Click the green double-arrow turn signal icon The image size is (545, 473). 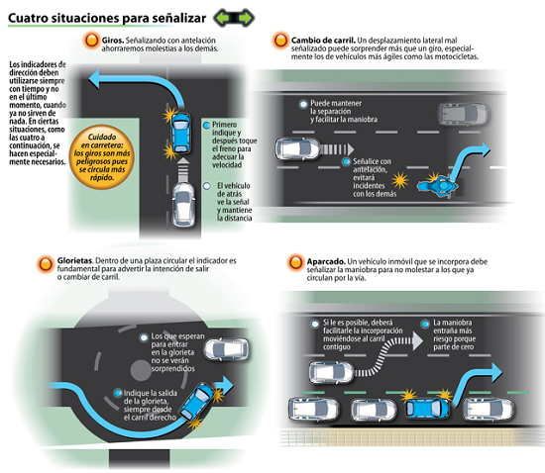tap(234, 18)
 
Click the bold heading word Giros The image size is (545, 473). tap(113, 41)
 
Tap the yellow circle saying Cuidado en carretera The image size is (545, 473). tap(101, 157)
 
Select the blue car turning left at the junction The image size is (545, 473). tap(180, 133)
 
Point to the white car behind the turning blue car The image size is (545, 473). tap(184, 205)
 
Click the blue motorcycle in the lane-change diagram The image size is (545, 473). tap(438, 186)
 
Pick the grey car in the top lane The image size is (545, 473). tap(464, 114)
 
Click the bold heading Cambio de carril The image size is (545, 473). tap(323, 41)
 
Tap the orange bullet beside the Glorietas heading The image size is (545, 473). tap(46, 264)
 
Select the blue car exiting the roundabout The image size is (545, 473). tap(196, 401)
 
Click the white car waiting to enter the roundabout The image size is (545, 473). tap(226, 349)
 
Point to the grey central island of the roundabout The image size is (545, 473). tap(141, 370)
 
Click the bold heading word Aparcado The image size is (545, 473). tap(326, 261)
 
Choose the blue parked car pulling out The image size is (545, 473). tap(427, 408)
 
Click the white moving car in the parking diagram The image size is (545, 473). tap(331, 373)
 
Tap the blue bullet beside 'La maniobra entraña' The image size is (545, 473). tap(425, 325)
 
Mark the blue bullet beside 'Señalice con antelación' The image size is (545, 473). tap(346, 161)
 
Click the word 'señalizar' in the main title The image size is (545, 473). tap(181, 18)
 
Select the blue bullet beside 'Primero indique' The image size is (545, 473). tap(206, 125)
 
